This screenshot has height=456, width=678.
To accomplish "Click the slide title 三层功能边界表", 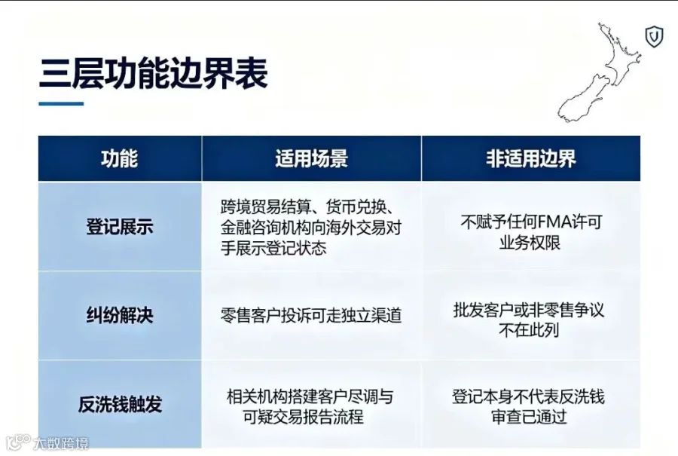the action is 154,74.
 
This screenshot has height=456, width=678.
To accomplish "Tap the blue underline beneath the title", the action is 61,103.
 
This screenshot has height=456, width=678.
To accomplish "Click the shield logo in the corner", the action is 654,36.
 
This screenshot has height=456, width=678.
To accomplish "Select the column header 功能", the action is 120,158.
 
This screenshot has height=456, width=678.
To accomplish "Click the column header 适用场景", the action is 311,158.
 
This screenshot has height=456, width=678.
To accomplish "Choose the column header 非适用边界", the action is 531,158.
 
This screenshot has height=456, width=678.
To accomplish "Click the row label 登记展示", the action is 120,227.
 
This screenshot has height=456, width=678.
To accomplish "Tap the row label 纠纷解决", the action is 120,315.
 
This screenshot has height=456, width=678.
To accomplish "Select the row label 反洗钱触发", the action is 120,405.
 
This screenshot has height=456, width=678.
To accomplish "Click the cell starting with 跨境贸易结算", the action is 311,228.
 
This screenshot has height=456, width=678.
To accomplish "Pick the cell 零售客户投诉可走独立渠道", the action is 311,315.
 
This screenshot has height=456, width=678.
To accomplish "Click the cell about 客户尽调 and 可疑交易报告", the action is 310,407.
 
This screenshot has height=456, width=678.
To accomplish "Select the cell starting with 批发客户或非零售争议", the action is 529,320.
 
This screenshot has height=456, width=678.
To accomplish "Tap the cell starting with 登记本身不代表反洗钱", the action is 528,407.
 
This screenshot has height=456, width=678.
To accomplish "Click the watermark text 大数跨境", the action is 60,443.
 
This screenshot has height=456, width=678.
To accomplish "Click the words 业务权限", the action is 530,243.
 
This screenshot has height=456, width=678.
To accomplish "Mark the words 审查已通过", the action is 529,417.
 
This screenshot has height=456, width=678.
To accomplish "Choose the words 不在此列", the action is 529,330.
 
